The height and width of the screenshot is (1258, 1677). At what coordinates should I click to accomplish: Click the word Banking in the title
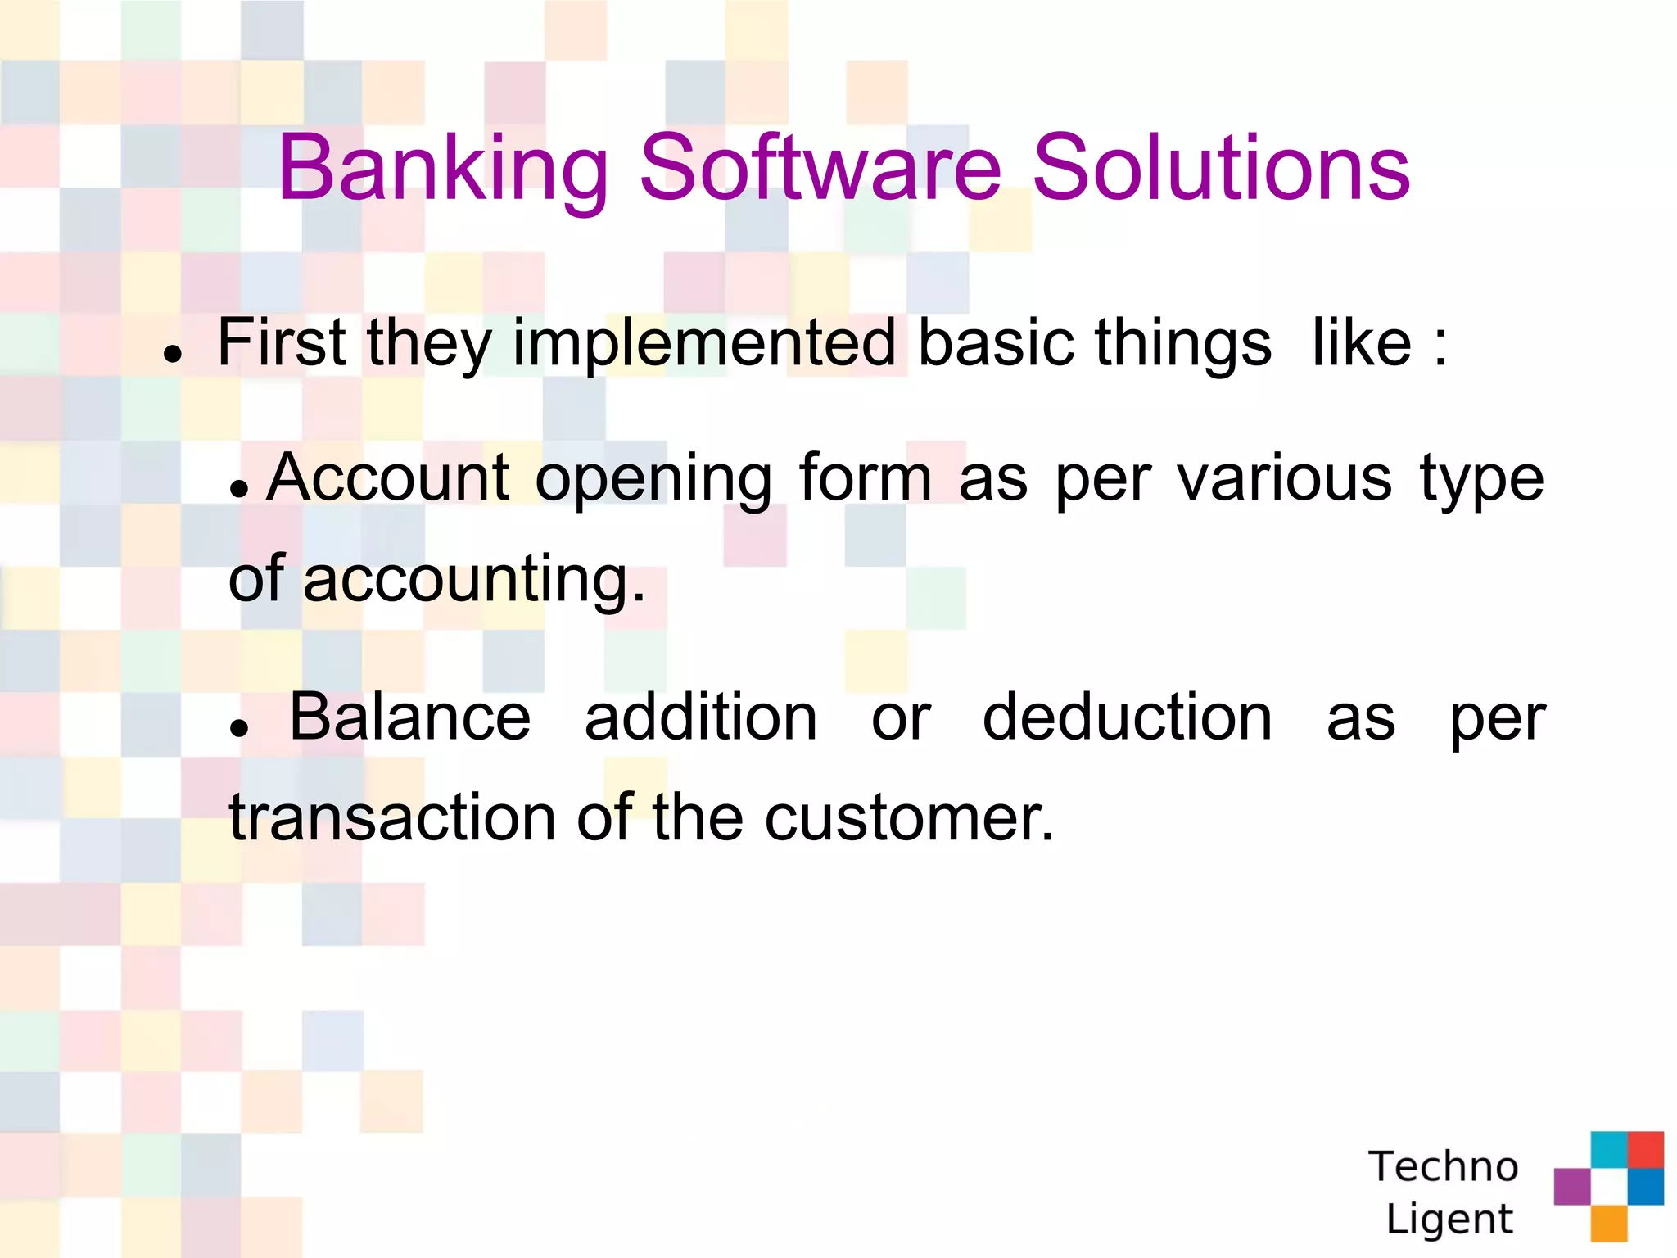point(443,170)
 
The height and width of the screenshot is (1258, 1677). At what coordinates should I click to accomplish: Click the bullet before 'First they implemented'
point(172,354)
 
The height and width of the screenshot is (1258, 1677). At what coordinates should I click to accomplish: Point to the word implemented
point(704,344)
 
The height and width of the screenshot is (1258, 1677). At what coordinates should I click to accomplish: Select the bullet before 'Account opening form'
point(238,490)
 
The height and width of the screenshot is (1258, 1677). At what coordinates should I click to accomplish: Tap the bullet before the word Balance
point(238,727)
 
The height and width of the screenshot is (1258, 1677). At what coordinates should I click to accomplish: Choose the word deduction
point(1127,717)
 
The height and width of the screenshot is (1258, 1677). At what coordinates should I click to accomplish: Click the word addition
point(701,717)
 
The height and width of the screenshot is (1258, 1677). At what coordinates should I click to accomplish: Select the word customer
point(909,817)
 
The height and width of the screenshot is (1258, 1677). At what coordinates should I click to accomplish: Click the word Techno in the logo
point(1443,1166)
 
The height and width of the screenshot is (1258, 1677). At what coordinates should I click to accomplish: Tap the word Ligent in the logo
point(1449,1220)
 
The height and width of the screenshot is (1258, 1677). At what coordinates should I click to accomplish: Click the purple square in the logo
point(1571,1186)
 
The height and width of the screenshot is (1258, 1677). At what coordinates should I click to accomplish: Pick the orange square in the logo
point(1608,1223)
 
